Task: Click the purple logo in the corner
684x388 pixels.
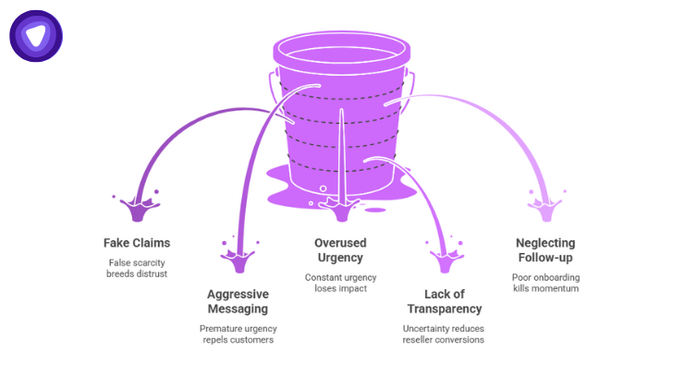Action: tap(36, 36)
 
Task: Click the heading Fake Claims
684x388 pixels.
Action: tap(136, 243)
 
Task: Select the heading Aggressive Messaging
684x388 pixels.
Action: tap(238, 301)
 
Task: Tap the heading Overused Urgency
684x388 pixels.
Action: tap(341, 250)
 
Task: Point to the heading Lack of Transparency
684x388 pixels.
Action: tap(444, 301)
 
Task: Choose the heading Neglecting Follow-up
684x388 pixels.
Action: tap(547, 250)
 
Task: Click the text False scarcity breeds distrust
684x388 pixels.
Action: tap(136, 268)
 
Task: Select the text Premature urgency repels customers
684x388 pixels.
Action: tap(238, 333)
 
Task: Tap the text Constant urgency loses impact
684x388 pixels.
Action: tap(341, 283)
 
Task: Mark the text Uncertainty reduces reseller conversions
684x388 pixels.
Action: tap(444, 333)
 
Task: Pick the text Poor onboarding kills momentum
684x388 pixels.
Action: tap(547, 283)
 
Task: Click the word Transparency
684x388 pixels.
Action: tap(444, 309)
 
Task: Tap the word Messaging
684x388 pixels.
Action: tap(238, 309)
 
